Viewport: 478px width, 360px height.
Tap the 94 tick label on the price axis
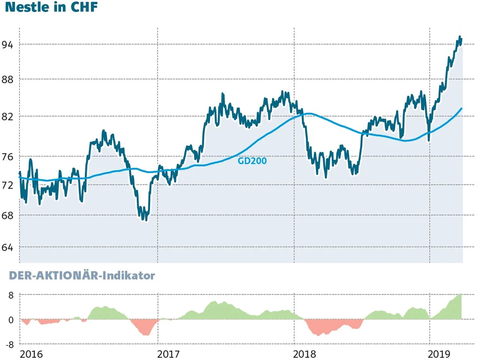[7, 44]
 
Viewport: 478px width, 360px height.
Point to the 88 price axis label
[7, 79]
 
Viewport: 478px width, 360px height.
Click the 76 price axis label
[7, 157]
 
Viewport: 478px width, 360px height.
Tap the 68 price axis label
[7, 216]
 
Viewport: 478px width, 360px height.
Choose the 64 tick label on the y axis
[7, 247]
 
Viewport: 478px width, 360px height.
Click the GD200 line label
[252, 161]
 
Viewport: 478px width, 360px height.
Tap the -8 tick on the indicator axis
[9, 344]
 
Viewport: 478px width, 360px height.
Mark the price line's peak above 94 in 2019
[460, 37]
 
